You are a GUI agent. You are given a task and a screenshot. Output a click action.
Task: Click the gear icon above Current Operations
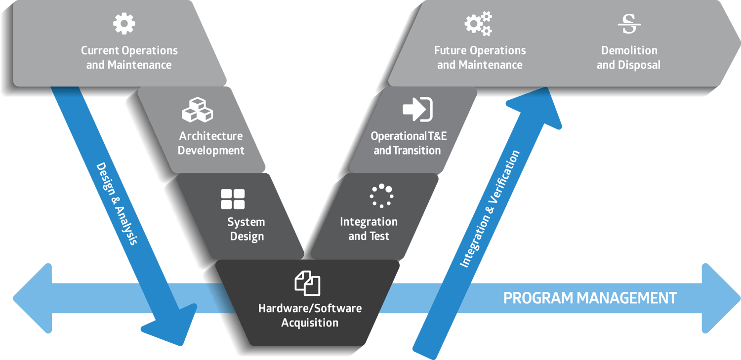[124, 24]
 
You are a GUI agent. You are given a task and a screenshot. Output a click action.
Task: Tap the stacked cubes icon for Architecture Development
[197, 110]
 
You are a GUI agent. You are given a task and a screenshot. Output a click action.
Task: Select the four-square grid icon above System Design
[233, 199]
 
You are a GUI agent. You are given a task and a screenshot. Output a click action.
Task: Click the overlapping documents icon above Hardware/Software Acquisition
[307, 283]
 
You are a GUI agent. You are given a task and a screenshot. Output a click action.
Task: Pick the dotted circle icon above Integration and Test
[381, 196]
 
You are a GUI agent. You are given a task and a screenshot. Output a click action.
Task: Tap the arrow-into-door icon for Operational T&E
[417, 109]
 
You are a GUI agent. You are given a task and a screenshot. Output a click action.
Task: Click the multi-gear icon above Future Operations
[478, 24]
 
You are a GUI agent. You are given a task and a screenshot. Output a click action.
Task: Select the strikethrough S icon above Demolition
[629, 24]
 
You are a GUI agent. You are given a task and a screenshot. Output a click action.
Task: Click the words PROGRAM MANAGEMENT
[590, 298]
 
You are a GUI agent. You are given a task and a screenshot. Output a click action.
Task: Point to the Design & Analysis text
[117, 203]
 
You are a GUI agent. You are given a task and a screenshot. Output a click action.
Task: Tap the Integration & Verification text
[490, 209]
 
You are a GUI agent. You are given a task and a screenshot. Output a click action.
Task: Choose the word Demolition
[629, 50]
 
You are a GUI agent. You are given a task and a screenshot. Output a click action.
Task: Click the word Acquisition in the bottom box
[310, 323]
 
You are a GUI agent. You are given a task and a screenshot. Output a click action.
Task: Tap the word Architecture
[210, 136]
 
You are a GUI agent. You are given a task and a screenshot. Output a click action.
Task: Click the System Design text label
[246, 229]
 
